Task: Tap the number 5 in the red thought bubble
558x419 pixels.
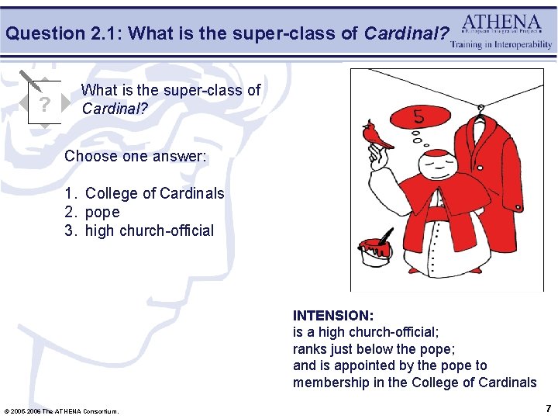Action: [418, 117]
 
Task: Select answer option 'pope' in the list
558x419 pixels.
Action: [102, 212]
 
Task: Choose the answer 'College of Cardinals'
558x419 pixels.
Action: [153, 193]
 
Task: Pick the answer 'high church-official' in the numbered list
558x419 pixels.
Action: [149, 230]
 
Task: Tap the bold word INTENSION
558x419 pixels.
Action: [332, 316]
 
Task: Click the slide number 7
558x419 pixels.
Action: [548, 408]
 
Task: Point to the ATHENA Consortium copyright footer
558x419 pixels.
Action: [62, 410]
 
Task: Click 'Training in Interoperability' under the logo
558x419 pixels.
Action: [501, 45]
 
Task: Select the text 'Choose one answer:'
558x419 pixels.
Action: [136, 156]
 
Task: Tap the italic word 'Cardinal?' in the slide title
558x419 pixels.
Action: [406, 33]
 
